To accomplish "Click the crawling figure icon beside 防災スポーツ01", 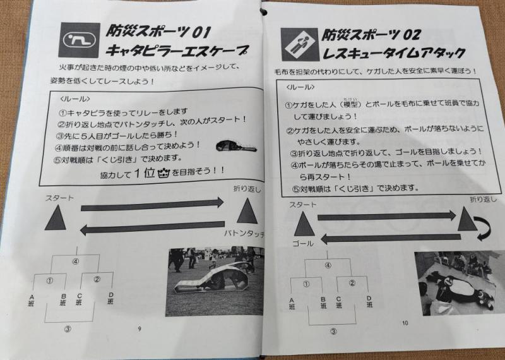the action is click(x=80, y=40).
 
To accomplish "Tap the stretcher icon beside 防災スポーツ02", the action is click(x=299, y=44).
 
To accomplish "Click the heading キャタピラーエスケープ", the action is click(x=177, y=51).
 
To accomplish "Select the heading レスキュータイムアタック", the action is click(x=393, y=53).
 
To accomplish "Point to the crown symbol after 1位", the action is click(x=163, y=174).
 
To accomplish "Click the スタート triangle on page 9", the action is click(x=56, y=217).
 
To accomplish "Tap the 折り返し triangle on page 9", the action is click(x=247, y=211).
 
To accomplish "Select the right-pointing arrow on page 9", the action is click(x=152, y=205).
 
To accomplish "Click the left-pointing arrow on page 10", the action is click(x=391, y=239).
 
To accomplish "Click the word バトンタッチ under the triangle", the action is click(x=244, y=234).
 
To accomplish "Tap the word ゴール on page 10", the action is click(x=303, y=244).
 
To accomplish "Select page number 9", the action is click(x=140, y=329).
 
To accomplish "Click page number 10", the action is click(x=405, y=323).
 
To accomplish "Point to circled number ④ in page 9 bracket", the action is click(x=75, y=261).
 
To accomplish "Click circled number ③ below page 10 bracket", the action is click(x=334, y=332).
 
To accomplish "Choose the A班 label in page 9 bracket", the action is click(x=31, y=300).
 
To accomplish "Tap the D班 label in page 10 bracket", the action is click(x=369, y=302).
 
